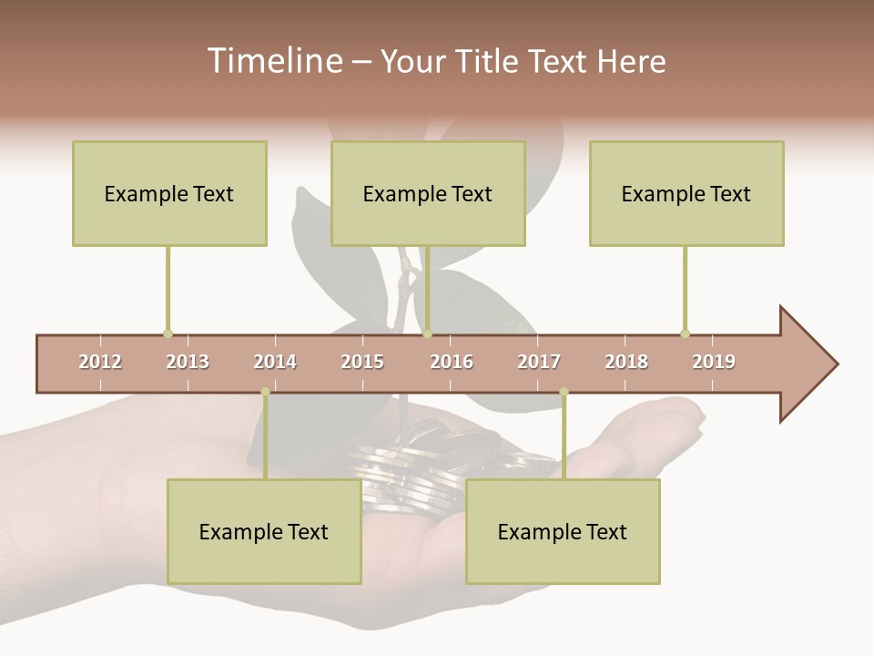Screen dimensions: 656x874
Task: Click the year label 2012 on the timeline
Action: click(100, 362)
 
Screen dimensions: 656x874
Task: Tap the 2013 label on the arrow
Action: click(188, 362)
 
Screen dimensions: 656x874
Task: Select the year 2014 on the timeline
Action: click(275, 362)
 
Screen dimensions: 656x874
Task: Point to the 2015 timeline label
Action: click(362, 362)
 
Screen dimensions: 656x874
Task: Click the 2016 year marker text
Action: click(452, 362)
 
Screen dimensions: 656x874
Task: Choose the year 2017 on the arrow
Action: click(539, 362)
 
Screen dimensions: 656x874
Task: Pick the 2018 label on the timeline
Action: click(626, 362)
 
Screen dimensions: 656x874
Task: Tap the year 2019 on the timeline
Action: click(714, 362)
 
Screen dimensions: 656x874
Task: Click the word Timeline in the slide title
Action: click(273, 61)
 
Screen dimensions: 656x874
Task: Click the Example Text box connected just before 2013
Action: click(169, 193)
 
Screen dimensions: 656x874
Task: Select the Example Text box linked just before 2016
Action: click(428, 193)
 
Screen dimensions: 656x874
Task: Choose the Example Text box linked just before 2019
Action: click(686, 193)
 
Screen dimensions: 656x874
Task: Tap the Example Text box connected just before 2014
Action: click(264, 531)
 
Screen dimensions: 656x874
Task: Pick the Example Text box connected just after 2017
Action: click(563, 531)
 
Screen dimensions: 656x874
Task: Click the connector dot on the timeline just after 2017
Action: click(564, 392)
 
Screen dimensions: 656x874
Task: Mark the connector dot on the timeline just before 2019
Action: click(685, 333)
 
